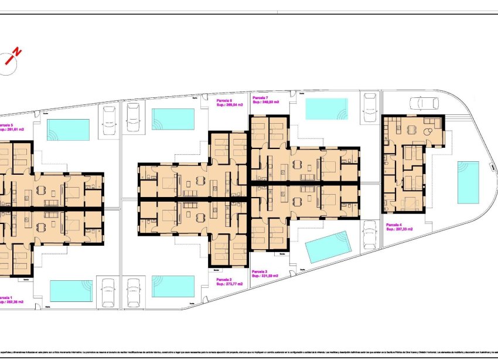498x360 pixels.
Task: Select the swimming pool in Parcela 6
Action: (x=173, y=119)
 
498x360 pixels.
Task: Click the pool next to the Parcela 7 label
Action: (x=326, y=108)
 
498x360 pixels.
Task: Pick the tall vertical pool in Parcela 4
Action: (x=468, y=182)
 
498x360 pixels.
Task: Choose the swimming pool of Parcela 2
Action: (x=173, y=287)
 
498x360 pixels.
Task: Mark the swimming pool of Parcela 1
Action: (x=71, y=291)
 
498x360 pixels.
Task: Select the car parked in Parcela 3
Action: (x=370, y=235)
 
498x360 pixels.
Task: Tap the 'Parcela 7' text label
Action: (x=260, y=97)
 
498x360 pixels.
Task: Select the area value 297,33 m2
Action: (x=403, y=229)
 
